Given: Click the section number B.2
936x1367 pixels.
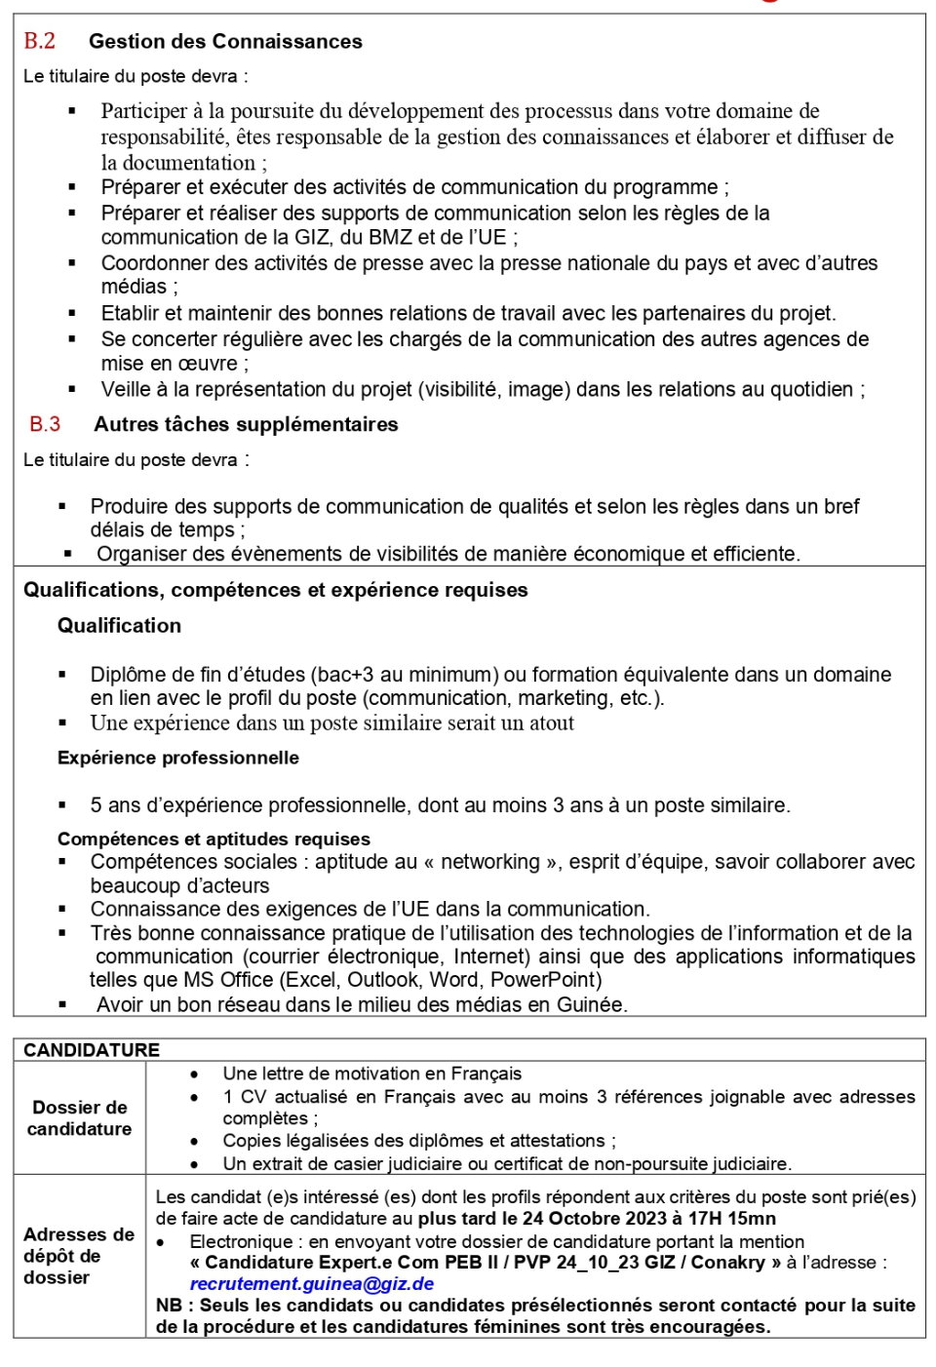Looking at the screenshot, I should click(x=40, y=41).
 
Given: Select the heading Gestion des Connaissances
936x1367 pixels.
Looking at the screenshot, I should click(x=225, y=42).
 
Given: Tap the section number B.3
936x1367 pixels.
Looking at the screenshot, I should click(x=45, y=424).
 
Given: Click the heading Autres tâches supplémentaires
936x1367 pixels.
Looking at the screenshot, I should click(x=246, y=424).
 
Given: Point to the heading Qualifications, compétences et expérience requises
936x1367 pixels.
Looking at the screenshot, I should click(x=275, y=590).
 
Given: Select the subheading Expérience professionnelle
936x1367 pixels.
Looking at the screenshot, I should click(x=177, y=758).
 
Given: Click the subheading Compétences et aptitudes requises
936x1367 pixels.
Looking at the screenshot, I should click(x=214, y=839).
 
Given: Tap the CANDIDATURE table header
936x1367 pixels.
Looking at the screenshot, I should click(x=92, y=1050).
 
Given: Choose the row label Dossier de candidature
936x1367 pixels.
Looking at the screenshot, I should click(x=80, y=1117).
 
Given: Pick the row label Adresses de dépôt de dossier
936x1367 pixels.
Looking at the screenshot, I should click(x=79, y=1256).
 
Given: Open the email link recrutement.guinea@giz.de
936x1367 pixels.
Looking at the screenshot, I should click(x=311, y=1284).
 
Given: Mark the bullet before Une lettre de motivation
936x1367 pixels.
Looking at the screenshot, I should click(x=195, y=1074).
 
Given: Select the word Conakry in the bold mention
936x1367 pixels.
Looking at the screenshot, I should click(x=728, y=1263).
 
